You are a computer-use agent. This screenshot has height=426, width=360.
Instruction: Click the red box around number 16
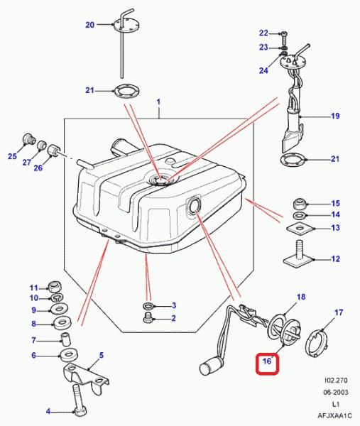pos(267,364)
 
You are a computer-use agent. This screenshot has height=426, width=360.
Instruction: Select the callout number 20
pos(90,25)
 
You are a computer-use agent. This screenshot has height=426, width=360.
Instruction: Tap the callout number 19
pos(336,116)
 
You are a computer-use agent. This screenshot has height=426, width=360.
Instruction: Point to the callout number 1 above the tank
pos(158,102)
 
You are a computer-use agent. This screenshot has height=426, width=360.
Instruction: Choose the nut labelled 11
pos(55,287)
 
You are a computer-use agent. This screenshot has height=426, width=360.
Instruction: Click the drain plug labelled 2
pos(148,318)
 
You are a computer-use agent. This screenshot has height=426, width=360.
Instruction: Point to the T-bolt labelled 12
pos(298,256)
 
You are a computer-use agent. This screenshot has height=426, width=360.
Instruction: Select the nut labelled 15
pos(300,204)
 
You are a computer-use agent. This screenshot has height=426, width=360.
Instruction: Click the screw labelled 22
pos(284,38)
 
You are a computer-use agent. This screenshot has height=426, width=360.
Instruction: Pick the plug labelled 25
pos(28,139)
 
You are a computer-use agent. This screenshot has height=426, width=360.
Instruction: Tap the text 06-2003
pos(336,392)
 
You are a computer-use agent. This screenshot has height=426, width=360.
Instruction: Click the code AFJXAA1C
pos(334,415)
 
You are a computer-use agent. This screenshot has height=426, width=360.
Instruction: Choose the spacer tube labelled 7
pos(65,339)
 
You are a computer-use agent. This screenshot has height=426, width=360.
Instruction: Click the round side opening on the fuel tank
pos(193,205)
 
